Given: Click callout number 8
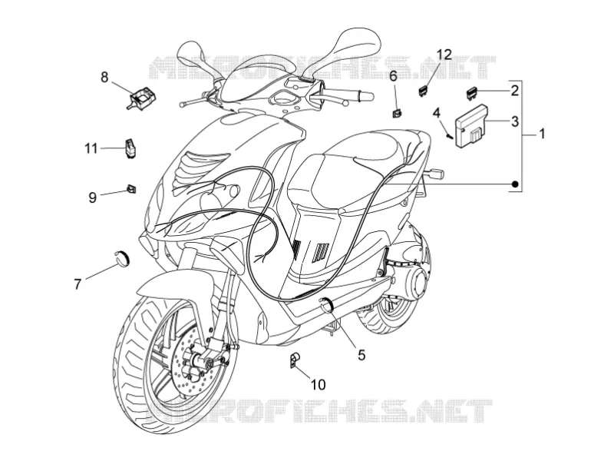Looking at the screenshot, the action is (x=104, y=78).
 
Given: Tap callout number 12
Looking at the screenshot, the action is (x=444, y=55).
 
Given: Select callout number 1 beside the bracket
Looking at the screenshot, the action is (x=542, y=134).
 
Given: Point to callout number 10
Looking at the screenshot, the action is (x=319, y=385).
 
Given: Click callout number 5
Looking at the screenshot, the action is (x=361, y=355).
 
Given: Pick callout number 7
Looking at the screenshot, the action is (x=78, y=284).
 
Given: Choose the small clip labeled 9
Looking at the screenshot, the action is (x=131, y=188).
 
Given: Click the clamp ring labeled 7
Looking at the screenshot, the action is (x=122, y=258).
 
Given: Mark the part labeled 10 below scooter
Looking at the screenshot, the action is (x=294, y=360).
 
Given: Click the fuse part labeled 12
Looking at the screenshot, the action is (x=423, y=91).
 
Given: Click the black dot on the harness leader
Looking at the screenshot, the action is (x=516, y=184).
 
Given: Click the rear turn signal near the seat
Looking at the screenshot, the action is (x=434, y=172).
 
